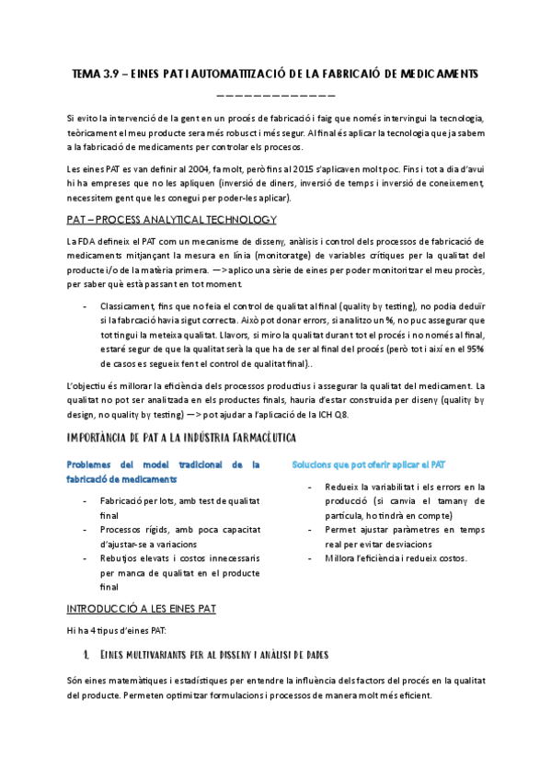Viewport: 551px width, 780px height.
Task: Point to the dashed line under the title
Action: pos(275,94)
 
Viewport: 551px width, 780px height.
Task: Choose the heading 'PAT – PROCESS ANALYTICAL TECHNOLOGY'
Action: pos(172,220)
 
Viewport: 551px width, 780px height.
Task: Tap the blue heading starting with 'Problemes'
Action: pos(164,465)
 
